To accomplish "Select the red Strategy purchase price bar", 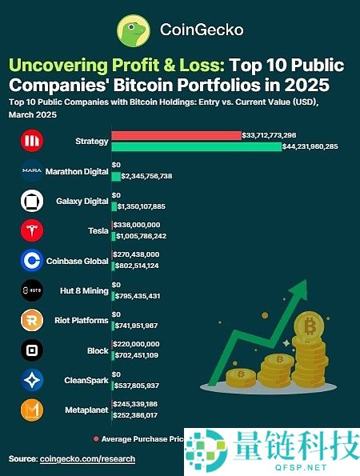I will pyautogui.click(x=176, y=135).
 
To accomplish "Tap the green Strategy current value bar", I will pyautogui.click(x=196, y=146).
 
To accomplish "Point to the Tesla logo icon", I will pyautogui.click(x=30, y=230).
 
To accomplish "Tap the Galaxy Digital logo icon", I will pyautogui.click(x=30, y=201).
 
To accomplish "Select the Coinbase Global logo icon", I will pyautogui.click(x=30, y=260).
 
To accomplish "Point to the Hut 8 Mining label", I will pyautogui.click(x=83, y=290).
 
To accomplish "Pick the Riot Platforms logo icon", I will pyautogui.click(x=30, y=320).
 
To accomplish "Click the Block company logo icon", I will pyautogui.click(x=30, y=350).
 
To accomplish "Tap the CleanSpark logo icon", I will pyautogui.click(x=30, y=380).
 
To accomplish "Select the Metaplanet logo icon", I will pyautogui.click(x=30, y=410).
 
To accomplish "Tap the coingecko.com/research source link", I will pyautogui.click(x=87, y=459).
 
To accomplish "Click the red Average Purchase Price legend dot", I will pyautogui.click(x=97, y=438).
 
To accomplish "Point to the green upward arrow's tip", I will pyautogui.click(x=306, y=282).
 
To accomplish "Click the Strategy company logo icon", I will pyautogui.click(x=30, y=142).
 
